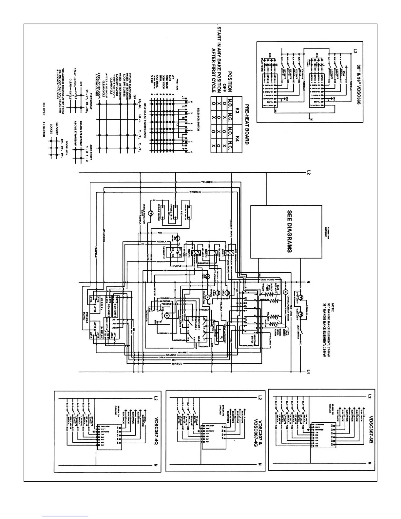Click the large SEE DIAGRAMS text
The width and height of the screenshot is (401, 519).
289,231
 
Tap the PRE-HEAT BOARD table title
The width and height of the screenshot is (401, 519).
247,125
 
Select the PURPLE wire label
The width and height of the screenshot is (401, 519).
177,266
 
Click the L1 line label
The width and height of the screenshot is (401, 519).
308,372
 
